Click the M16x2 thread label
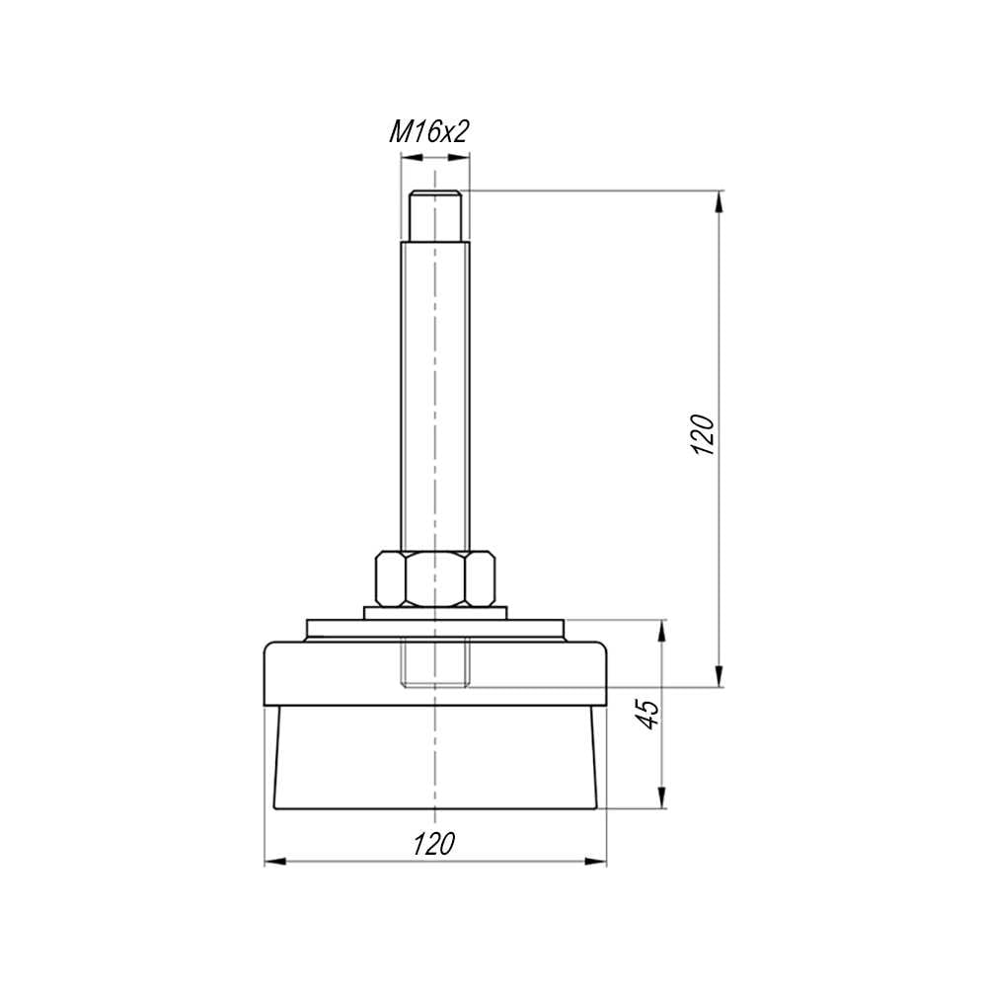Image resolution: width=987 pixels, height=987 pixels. tap(429, 132)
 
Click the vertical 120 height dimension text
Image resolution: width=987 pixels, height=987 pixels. tap(703, 435)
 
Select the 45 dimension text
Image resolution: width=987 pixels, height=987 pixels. tap(649, 714)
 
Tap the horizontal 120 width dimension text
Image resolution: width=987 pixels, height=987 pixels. tap(433, 844)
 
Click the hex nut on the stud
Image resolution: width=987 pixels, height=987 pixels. tap(435, 578)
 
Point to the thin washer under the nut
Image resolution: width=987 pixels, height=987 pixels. tap(435, 613)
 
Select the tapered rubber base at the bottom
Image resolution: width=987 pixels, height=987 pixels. tap(435, 757)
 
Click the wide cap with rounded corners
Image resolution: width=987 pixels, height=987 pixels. tap(435, 673)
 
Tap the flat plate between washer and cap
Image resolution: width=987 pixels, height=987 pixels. tap(435, 630)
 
